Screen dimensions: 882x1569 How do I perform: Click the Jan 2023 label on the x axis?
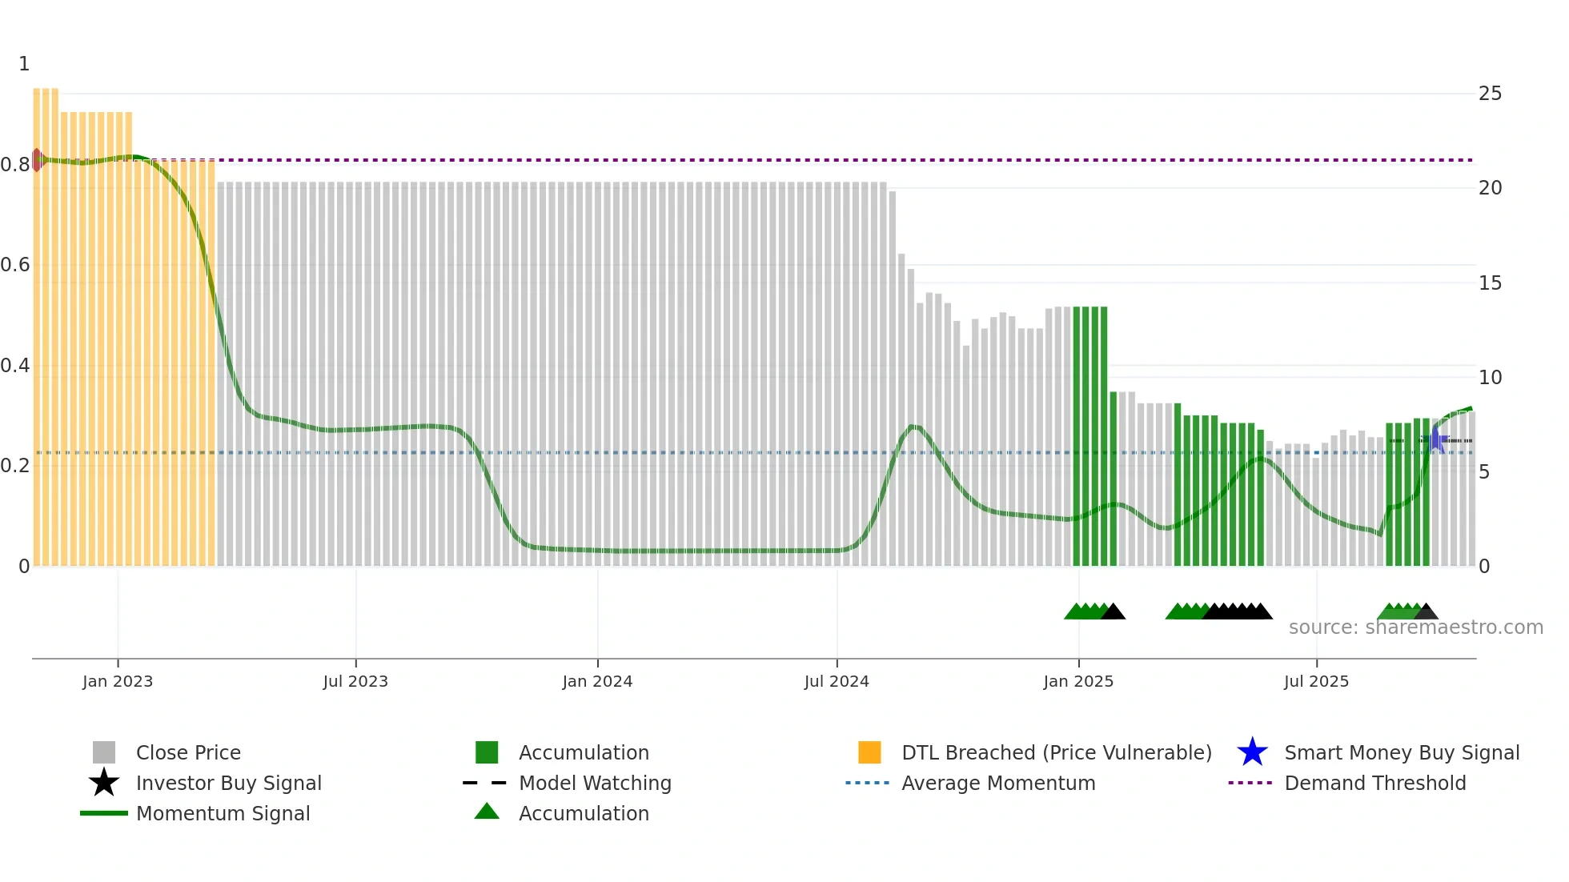pos(118,682)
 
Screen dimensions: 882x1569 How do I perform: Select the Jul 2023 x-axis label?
pos(355,682)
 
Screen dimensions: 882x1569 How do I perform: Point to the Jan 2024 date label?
pos(597,682)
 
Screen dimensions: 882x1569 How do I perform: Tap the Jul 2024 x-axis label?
pos(837,682)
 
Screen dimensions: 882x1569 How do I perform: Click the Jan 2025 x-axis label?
pos(1078,682)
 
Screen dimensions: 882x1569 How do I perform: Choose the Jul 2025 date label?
pos(1316,682)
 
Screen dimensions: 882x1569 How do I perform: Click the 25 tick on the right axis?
pos(1490,94)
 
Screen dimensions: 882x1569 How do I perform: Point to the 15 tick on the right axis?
pos(1490,283)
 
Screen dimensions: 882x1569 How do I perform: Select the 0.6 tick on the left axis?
pos(15,265)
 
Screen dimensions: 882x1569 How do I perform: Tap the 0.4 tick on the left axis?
pos(15,366)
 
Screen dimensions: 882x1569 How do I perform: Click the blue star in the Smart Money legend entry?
pos(1252,752)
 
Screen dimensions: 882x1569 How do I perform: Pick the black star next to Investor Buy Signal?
pos(104,783)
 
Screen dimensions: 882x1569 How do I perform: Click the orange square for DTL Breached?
pos(869,752)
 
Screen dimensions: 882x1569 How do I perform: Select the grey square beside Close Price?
pos(104,752)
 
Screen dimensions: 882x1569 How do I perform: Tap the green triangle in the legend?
pos(487,812)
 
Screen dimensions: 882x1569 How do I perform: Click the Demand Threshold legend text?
pos(1374,784)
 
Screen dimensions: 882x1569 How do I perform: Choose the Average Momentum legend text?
pos(998,784)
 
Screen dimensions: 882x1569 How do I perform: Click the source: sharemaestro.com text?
pos(1415,627)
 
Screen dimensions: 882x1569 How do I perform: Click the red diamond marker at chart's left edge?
pos(37,160)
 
